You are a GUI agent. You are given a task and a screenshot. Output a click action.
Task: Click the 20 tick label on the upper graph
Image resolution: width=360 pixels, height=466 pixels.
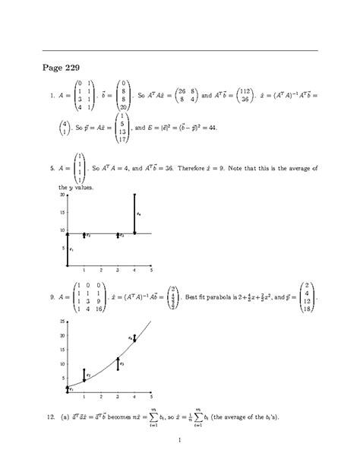coord(62,195)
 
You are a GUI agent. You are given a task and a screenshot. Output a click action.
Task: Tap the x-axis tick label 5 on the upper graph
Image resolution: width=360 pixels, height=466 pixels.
coord(152,270)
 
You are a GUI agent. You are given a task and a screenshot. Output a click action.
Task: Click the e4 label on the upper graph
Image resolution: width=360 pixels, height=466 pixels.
coord(139,214)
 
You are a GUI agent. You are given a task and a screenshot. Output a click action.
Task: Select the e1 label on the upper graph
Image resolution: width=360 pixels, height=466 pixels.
coord(71,249)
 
